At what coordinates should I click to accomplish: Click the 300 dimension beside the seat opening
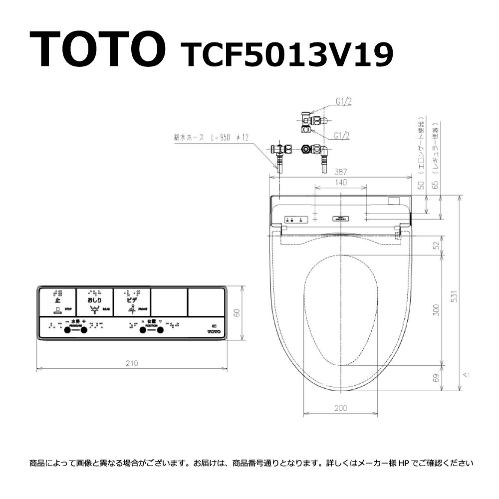(x=437, y=310)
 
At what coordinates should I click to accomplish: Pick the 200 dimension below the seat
(x=340, y=408)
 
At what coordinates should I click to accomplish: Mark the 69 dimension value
(x=437, y=378)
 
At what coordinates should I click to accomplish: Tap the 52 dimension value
(x=437, y=246)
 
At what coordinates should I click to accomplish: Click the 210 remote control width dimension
(x=132, y=363)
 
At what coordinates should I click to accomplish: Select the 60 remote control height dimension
(x=238, y=313)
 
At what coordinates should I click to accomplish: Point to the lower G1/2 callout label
(x=342, y=134)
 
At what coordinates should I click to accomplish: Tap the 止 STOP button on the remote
(x=58, y=302)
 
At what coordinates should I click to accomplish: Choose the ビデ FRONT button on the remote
(x=132, y=302)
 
